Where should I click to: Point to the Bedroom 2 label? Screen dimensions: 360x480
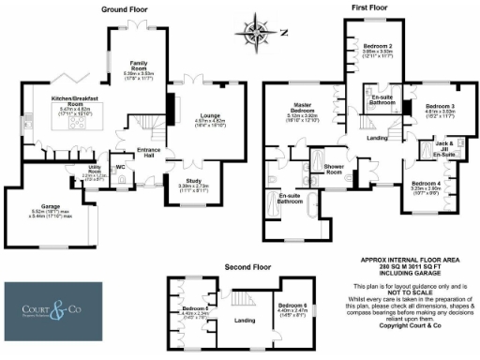(x=377, y=46)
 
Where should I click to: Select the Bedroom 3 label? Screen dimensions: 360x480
(x=439, y=107)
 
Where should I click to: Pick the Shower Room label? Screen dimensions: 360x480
(x=335, y=168)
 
